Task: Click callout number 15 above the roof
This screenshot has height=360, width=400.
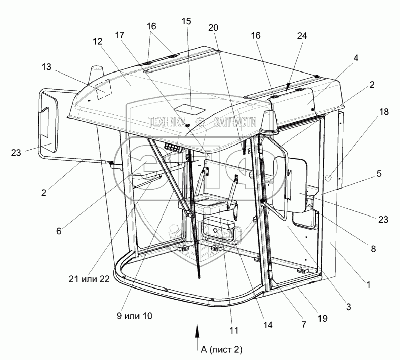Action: pyautogui.click(x=186, y=22)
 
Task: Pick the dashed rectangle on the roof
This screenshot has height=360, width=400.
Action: pyautogui.click(x=104, y=89)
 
